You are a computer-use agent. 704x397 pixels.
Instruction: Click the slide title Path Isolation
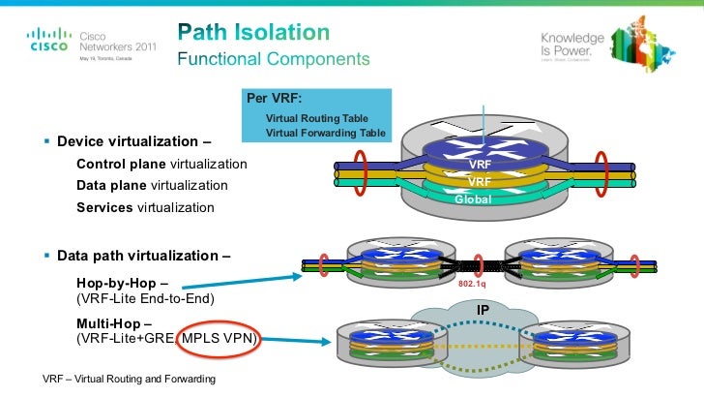pyautogui.click(x=253, y=32)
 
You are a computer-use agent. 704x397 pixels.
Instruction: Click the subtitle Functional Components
pyautogui.click(x=273, y=59)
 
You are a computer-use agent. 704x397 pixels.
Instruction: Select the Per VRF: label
pyautogui.click(x=275, y=99)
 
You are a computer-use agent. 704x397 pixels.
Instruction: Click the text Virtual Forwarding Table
pyautogui.click(x=325, y=133)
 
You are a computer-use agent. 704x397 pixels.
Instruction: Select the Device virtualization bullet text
pyautogui.click(x=134, y=141)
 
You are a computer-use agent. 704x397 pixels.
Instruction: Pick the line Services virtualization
pyautogui.click(x=146, y=207)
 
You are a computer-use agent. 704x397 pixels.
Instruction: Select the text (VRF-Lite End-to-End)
pyautogui.click(x=144, y=298)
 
